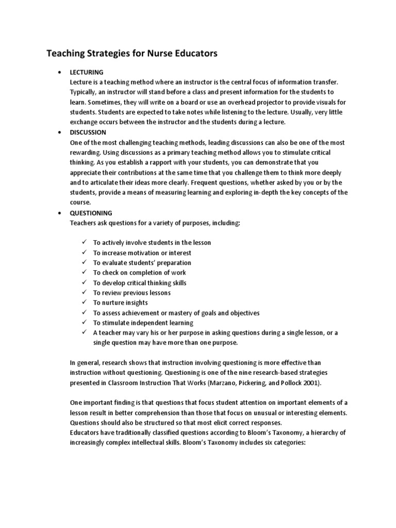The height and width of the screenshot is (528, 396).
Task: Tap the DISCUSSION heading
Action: [x=88, y=133]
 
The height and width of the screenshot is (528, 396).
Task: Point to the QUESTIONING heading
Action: [x=91, y=212]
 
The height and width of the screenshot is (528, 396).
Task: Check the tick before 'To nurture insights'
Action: [x=85, y=303]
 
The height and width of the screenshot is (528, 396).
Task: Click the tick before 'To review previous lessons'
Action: [x=85, y=292]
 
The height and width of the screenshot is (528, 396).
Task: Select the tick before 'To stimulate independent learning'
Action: [x=85, y=323]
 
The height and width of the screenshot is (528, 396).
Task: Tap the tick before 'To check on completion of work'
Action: [x=85, y=272]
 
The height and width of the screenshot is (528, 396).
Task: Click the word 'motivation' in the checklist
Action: [x=147, y=253]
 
